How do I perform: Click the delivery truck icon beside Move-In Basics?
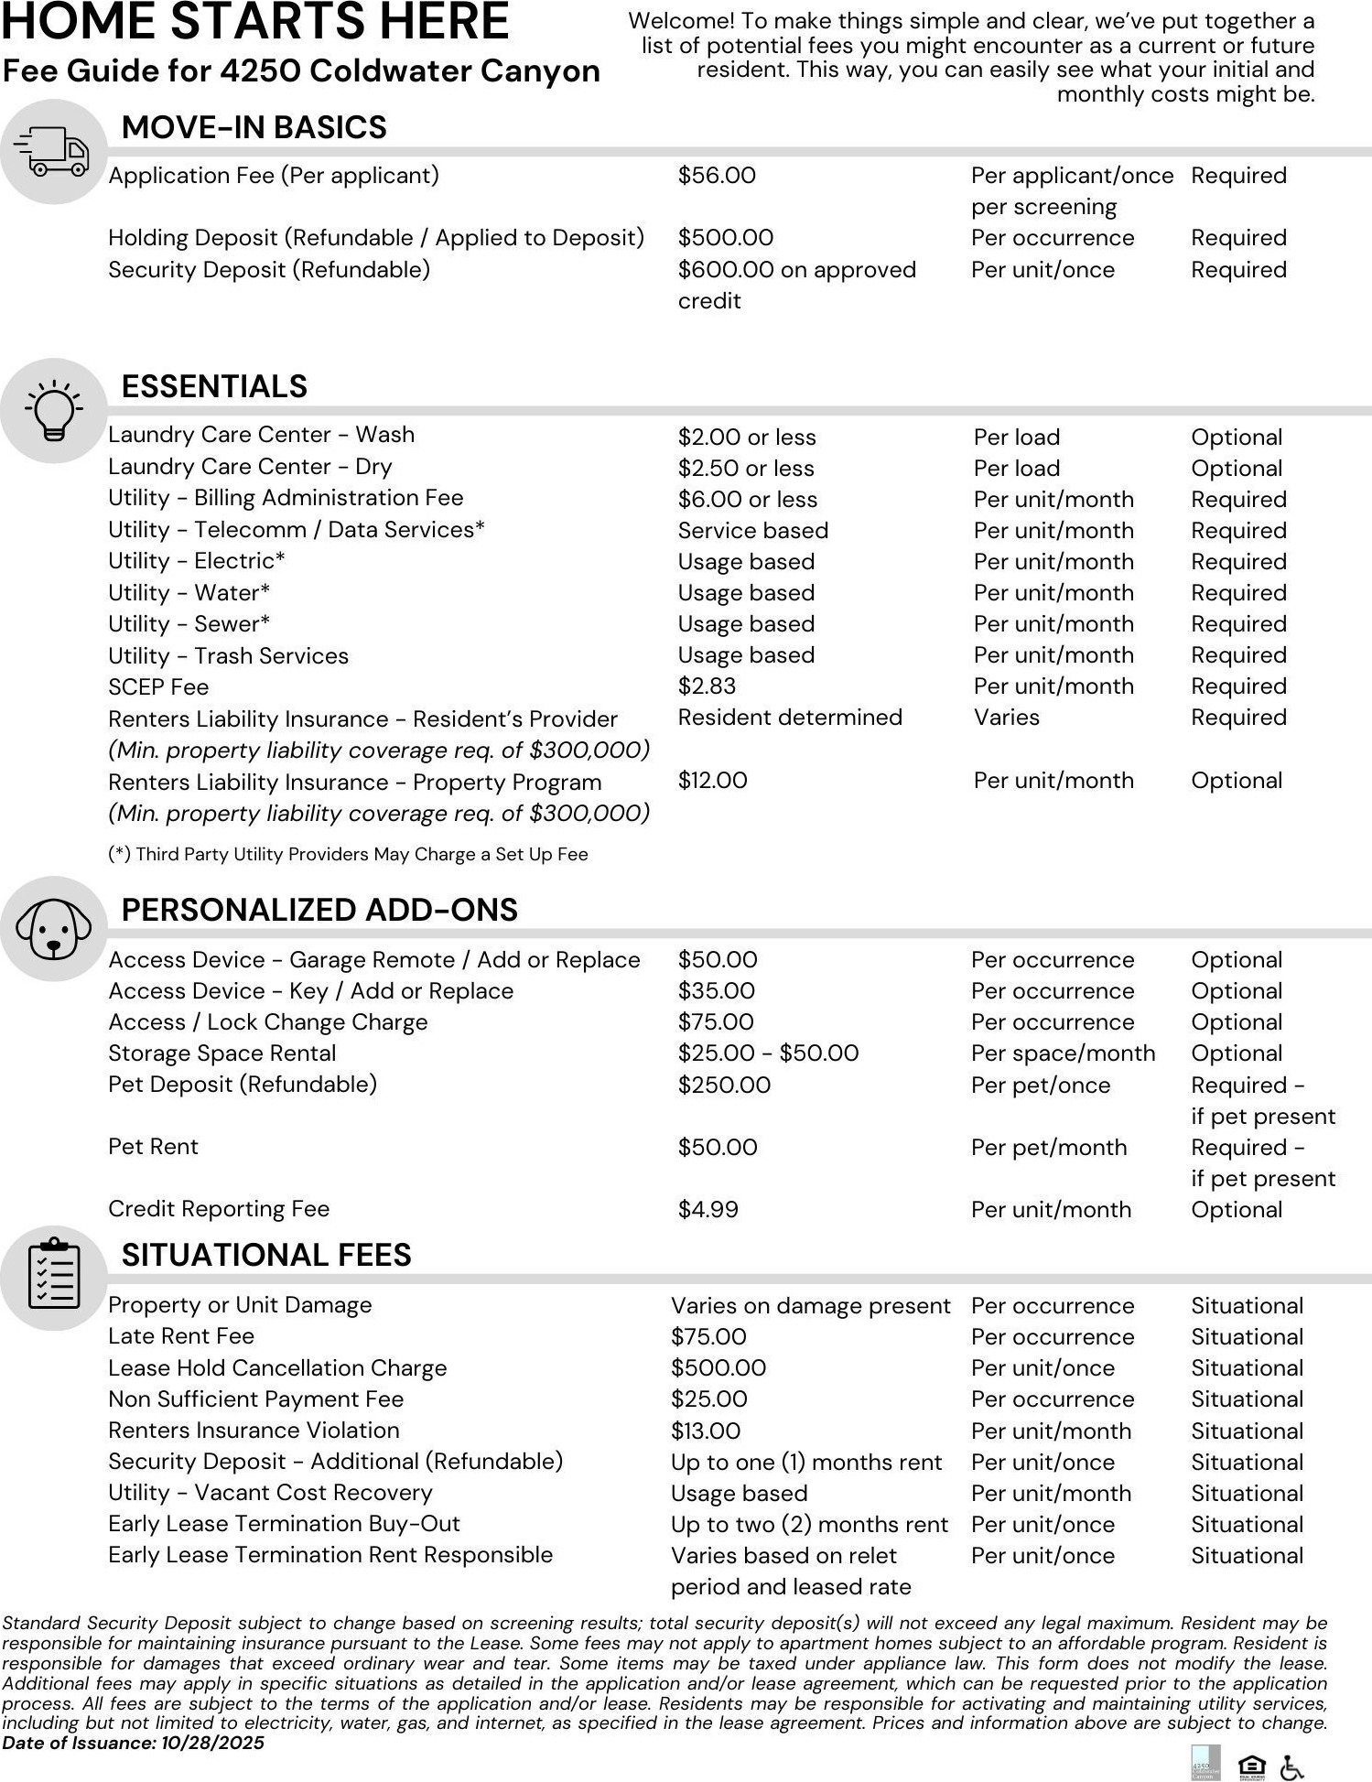click(52, 151)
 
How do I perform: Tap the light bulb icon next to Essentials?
click(53, 410)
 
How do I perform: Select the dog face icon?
click(53, 928)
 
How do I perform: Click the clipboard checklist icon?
click(54, 1274)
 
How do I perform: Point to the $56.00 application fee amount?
click(717, 176)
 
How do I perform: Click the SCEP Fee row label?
click(158, 687)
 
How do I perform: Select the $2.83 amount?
click(707, 686)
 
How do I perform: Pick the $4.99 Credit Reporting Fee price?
click(708, 1209)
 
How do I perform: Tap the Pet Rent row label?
click(153, 1147)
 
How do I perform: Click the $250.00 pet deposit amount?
click(724, 1085)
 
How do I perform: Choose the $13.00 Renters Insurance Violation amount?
click(706, 1431)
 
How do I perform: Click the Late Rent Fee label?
click(181, 1336)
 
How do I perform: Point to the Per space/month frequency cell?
click(1063, 1053)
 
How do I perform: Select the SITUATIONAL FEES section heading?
click(266, 1255)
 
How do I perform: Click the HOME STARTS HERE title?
click(255, 22)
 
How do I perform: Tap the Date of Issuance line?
click(134, 1743)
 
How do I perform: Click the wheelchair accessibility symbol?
click(1291, 1766)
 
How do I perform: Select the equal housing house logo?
click(1251, 1766)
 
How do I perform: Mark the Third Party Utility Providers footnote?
click(348, 854)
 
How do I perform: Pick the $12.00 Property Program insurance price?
click(712, 781)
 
